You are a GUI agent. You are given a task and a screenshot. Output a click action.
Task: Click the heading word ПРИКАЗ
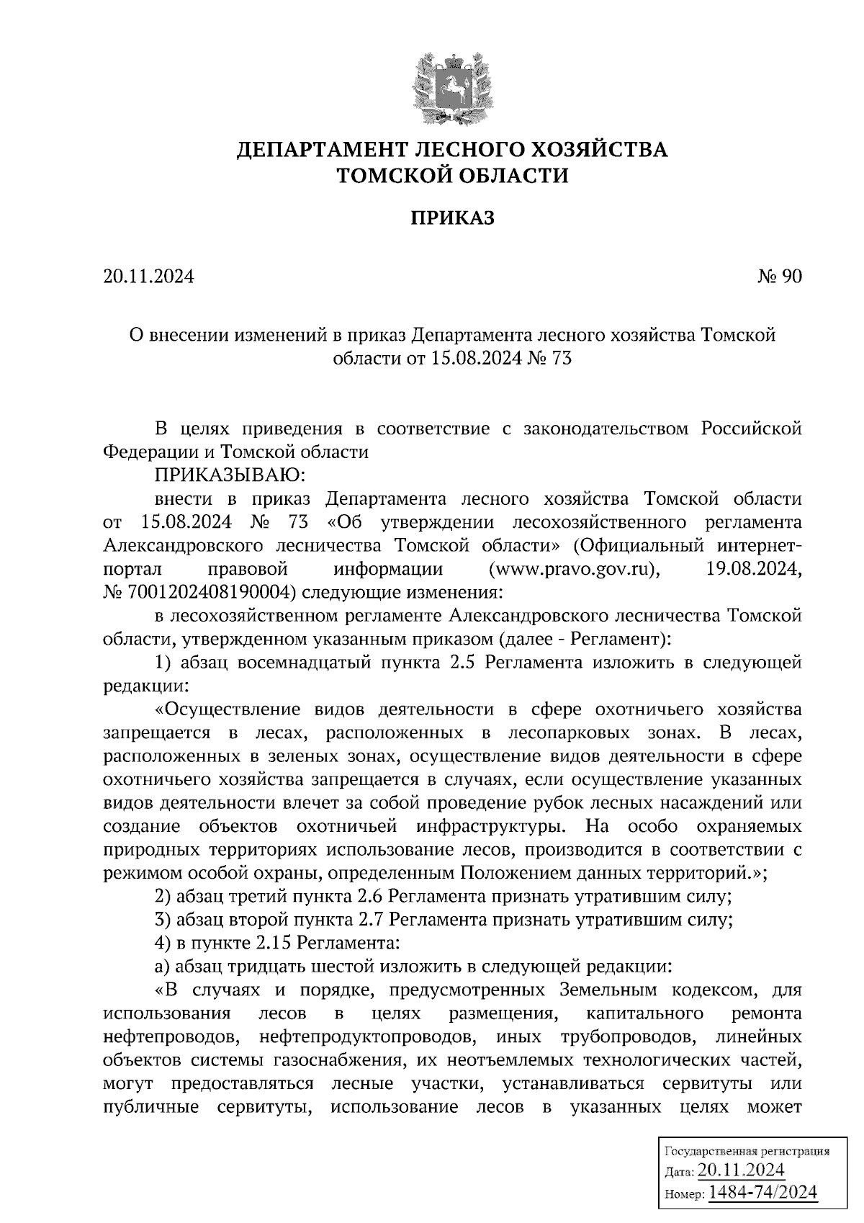point(452,218)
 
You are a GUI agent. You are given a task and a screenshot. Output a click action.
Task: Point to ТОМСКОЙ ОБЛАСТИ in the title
point(453,175)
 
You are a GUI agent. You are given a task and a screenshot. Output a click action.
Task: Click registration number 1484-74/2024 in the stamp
point(763,1192)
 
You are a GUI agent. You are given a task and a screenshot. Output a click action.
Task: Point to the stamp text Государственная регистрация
point(746,1151)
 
